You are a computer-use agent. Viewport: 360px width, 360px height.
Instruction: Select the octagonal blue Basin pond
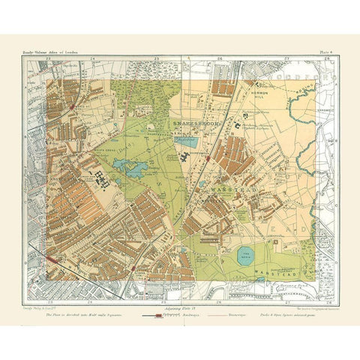coord(247,256)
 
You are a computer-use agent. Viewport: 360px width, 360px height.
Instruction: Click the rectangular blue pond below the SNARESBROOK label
coord(185,140)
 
